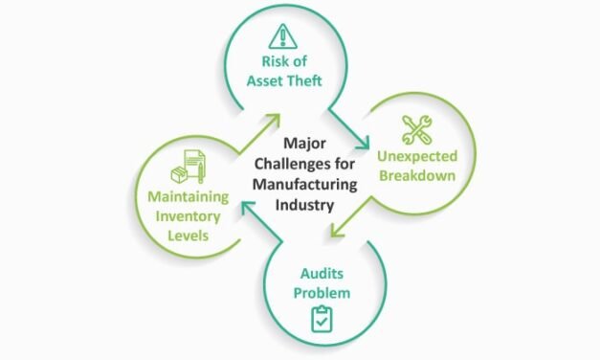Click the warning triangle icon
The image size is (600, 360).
(284, 37)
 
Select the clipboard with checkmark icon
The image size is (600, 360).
(322, 318)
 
